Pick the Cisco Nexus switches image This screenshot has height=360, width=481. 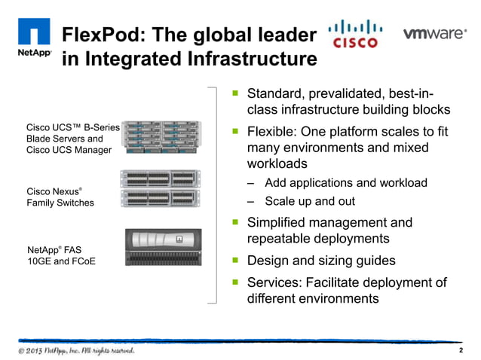pyautogui.click(x=162, y=188)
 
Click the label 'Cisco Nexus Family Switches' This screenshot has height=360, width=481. pyautogui.click(x=60, y=197)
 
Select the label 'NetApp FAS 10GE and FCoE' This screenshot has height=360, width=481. pyautogui.click(x=61, y=254)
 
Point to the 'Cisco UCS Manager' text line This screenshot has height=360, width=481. pyautogui.click(x=69, y=150)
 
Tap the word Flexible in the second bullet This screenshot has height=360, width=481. pyautogui.click(x=274, y=132)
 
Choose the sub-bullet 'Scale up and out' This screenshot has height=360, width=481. pyautogui.click(x=310, y=201)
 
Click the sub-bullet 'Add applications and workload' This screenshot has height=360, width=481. pyautogui.click(x=346, y=183)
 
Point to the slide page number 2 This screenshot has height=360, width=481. pyautogui.click(x=461, y=351)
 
